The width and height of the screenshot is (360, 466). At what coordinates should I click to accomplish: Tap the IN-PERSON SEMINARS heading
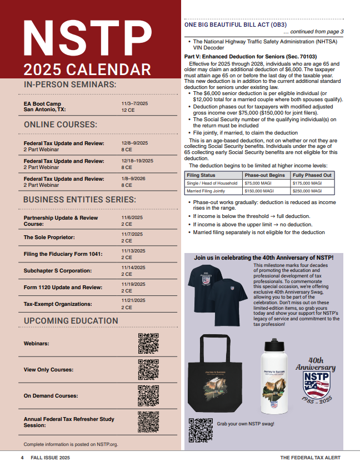point(70,85)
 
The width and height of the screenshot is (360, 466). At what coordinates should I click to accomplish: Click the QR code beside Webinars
point(148,344)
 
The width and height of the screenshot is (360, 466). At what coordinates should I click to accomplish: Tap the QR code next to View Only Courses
point(148,370)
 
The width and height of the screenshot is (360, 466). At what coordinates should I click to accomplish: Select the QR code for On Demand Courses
point(148,395)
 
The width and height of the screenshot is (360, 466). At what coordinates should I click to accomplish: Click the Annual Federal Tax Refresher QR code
point(148,422)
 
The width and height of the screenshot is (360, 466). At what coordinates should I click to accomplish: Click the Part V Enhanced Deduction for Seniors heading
point(250,56)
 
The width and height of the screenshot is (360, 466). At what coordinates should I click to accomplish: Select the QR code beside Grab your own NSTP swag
point(201,429)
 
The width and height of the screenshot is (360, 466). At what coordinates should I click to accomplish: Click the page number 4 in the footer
point(22,457)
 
